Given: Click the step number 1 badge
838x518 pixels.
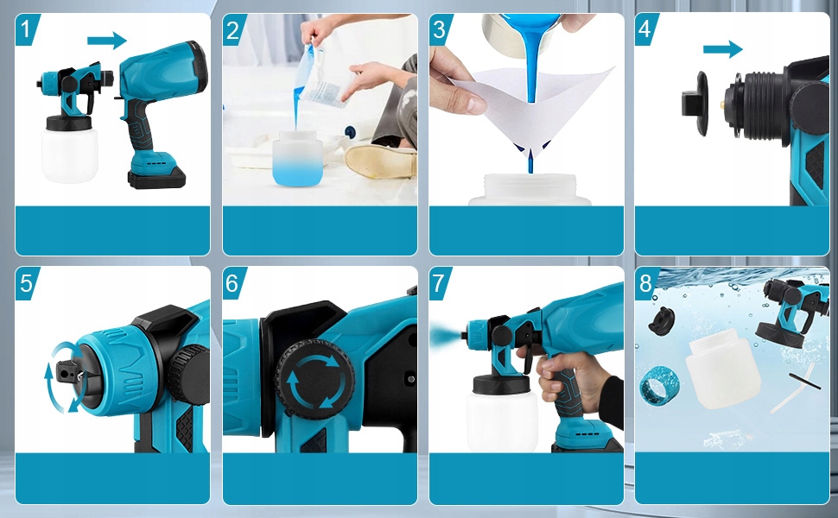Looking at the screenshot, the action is [26, 28].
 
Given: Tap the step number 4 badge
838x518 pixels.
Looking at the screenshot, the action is [645, 28].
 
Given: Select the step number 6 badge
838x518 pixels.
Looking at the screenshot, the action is [232, 283].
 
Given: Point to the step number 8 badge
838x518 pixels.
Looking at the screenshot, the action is [645, 283].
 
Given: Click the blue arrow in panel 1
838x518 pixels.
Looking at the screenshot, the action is [107, 40].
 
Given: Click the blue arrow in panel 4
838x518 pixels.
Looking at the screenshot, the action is [722, 49].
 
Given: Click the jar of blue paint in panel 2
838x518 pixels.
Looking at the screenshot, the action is [296, 159].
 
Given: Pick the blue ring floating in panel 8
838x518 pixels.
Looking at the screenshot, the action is [659, 386].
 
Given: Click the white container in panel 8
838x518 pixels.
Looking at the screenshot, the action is [722, 370].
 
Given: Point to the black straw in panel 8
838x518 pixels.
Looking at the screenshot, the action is [805, 381].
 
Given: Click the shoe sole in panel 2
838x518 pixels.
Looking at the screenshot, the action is [380, 161].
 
